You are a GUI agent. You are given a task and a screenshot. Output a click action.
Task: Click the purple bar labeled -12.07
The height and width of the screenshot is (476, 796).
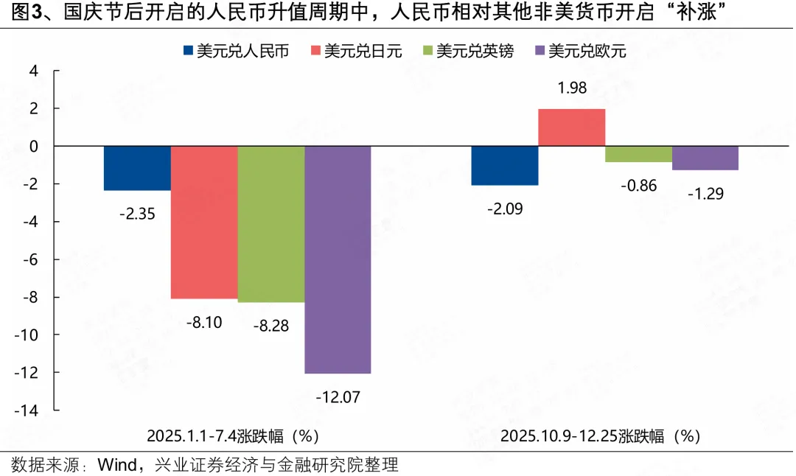pyautogui.click(x=338, y=259)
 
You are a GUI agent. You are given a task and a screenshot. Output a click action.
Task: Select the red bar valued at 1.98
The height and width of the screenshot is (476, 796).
pyautogui.click(x=572, y=127)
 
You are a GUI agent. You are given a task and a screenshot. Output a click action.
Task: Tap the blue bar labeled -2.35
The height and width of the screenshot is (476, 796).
pyautogui.click(x=137, y=168)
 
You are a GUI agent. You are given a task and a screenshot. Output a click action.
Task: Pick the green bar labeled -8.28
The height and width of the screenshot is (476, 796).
pyautogui.click(x=270, y=224)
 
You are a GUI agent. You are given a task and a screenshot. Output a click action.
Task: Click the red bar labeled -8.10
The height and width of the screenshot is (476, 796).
pyautogui.click(x=204, y=222)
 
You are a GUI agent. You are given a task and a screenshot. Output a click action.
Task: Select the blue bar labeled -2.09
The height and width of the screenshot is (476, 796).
pyautogui.click(x=505, y=166)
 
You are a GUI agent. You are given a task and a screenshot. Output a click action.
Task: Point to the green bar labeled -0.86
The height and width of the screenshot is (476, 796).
pyautogui.click(x=638, y=154)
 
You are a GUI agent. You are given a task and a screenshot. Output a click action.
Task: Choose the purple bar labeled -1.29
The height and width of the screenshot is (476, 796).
pyautogui.click(x=705, y=158)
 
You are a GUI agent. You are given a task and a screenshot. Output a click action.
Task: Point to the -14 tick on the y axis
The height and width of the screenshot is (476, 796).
pyautogui.click(x=31, y=410)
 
